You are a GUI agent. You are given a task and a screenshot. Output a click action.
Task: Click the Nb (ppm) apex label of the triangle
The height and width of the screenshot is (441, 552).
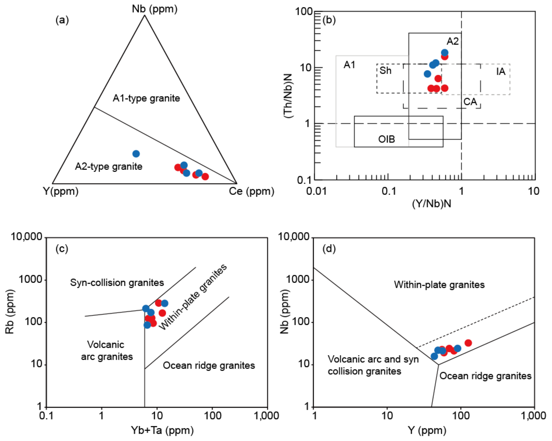(154, 9)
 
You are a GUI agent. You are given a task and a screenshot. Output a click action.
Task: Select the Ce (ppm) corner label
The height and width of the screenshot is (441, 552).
(251, 191)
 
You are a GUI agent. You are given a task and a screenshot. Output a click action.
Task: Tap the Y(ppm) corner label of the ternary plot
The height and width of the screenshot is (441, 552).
(61, 191)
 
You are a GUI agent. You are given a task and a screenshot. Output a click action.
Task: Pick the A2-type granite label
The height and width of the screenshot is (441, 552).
(109, 166)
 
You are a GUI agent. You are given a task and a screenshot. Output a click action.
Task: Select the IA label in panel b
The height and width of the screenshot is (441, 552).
(501, 71)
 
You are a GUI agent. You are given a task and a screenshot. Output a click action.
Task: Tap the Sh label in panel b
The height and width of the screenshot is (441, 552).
(385, 70)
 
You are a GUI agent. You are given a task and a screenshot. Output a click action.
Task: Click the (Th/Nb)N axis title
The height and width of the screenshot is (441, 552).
(288, 96)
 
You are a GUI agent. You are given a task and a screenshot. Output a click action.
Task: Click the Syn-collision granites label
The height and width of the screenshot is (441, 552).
(117, 282)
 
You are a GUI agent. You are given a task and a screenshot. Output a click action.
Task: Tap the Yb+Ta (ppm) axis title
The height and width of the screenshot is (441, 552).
(162, 430)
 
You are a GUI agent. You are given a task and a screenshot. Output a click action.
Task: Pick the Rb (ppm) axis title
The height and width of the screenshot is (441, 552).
(10, 312)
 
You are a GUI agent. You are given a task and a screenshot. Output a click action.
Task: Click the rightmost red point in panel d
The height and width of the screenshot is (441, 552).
(468, 343)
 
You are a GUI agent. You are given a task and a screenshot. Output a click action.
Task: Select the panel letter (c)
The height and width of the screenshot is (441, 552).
(62, 249)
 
